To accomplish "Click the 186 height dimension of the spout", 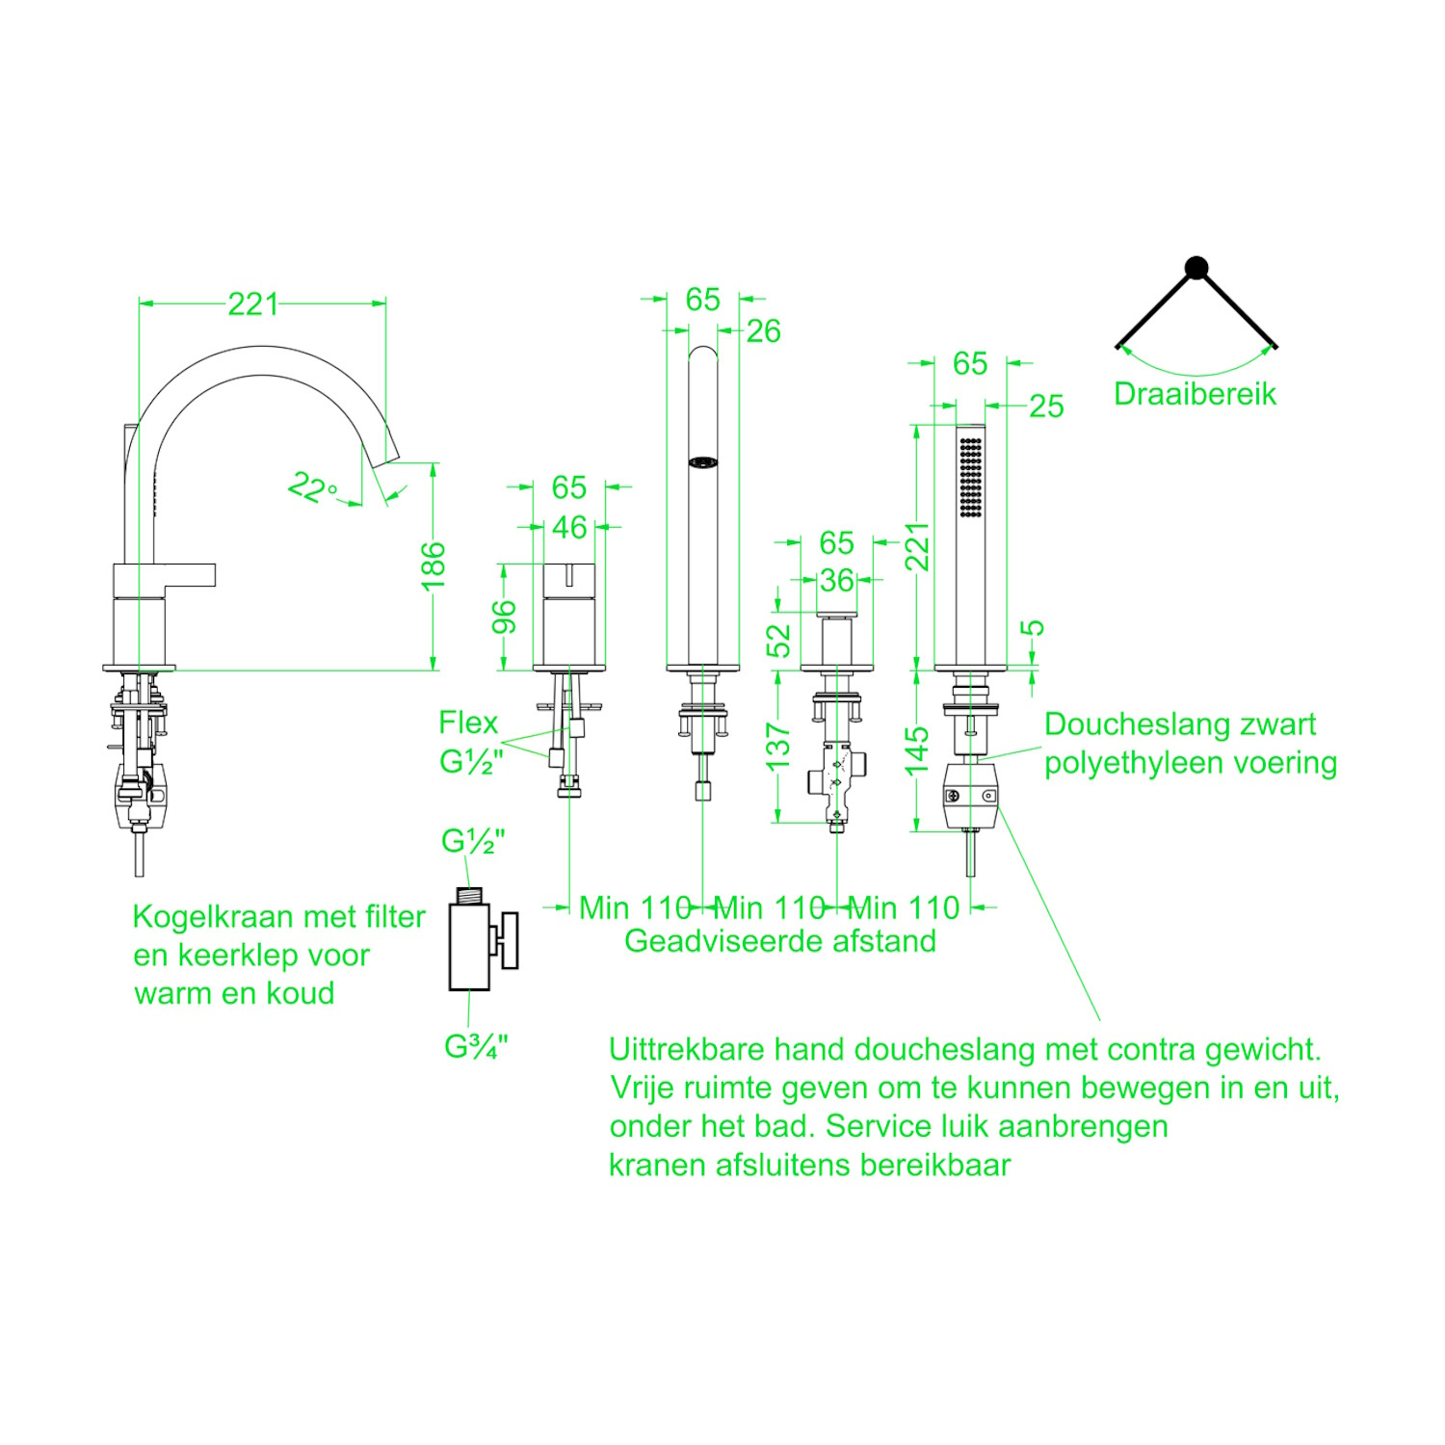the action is [x=433, y=566].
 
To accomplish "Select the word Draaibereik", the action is [x=1195, y=394].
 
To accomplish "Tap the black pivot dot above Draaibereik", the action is [x=1195, y=268].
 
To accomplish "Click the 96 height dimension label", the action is [x=504, y=617].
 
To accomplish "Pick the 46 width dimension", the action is [x=569, y=527].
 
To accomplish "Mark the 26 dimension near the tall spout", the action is [x=763, y=331].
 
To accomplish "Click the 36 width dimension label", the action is [x=836, y=580].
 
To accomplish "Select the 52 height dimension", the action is [x=778, y=641].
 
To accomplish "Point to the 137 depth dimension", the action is [x=778, y=748].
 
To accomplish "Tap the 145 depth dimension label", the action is [x=918, y=750].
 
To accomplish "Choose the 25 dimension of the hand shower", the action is [x=1046, y=407].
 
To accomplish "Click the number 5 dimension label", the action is [x=1032, y=627].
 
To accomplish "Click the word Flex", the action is [x=468, y=722].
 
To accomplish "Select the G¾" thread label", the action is [x=476, y=1046].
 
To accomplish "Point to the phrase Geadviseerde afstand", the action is [x=780, y=941].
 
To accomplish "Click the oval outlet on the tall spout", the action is [x=703, y=462].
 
